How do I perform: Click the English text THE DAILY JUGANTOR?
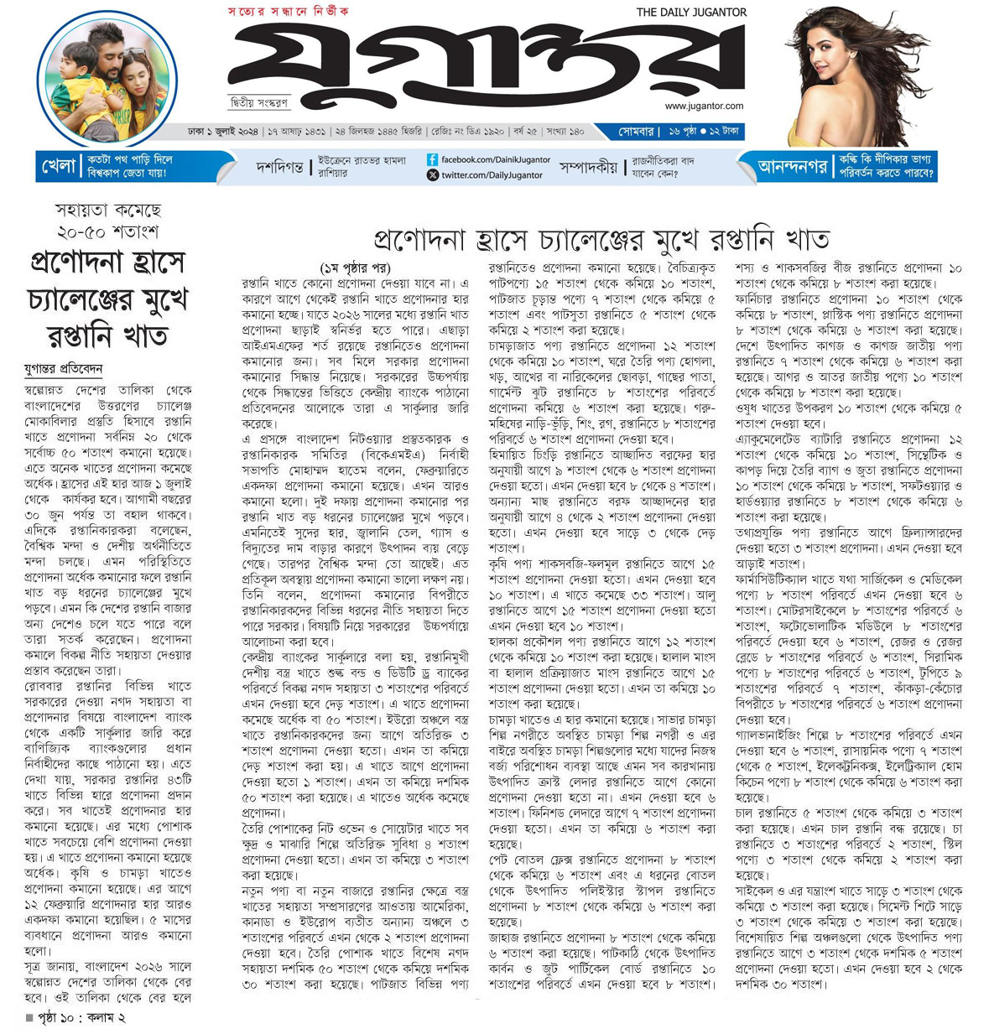coord(691,12)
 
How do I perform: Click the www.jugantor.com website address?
coord(704,106)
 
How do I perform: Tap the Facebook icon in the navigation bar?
coord(432,159)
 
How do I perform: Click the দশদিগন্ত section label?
coord(279,168)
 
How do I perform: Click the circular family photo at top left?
coord(107,79)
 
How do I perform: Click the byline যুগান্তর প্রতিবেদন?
coord(63,368)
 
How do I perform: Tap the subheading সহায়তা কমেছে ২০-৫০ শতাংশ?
coord(107,221)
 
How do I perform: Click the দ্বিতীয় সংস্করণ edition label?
coord(259,102)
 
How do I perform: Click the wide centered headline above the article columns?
coord(601,239)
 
